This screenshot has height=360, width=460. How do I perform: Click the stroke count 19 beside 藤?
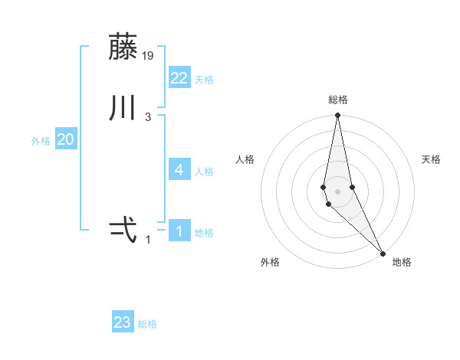coord(149,55)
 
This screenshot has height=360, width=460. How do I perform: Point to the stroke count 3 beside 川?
coord(148,116)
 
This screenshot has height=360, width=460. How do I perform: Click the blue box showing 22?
coord(179,77)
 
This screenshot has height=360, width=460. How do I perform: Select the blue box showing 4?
coord(179,169)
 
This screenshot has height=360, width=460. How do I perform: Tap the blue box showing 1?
coord(179,231)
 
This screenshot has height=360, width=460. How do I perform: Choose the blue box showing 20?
coord(66,139)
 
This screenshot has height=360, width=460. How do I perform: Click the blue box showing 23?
coord(123,322)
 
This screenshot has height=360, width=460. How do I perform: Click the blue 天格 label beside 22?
coord(204,80)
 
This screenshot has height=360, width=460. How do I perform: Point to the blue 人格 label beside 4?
coord(204,172)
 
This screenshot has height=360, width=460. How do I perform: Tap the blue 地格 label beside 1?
coord(204,233)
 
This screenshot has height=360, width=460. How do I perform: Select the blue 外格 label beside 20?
coord(41,141)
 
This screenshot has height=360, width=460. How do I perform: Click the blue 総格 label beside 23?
coord(147,325)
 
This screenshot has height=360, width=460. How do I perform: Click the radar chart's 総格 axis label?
coord(337,100)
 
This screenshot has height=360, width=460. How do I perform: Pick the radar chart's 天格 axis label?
coord(432,159)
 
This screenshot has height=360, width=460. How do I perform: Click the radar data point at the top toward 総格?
coord(337,116)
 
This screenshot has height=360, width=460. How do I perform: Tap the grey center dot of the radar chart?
coord(337,191)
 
